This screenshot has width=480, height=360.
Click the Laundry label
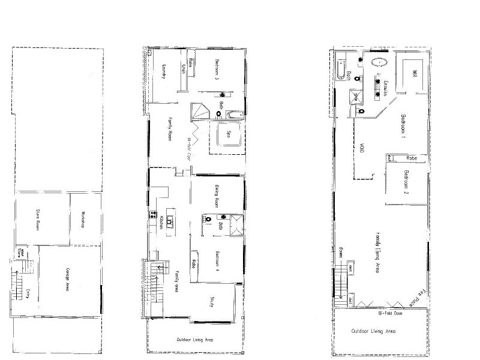pyautogui.click(x=163, y=73)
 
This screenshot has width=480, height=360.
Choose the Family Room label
pyautogui.click(x=169, y=129)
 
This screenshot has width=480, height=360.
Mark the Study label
pyautogui.click(x=212, y=302)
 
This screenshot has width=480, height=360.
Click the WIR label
pyautogui.click(x=414, y=73)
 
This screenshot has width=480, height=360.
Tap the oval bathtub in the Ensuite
pyautogui.click(x=379, y=62)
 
